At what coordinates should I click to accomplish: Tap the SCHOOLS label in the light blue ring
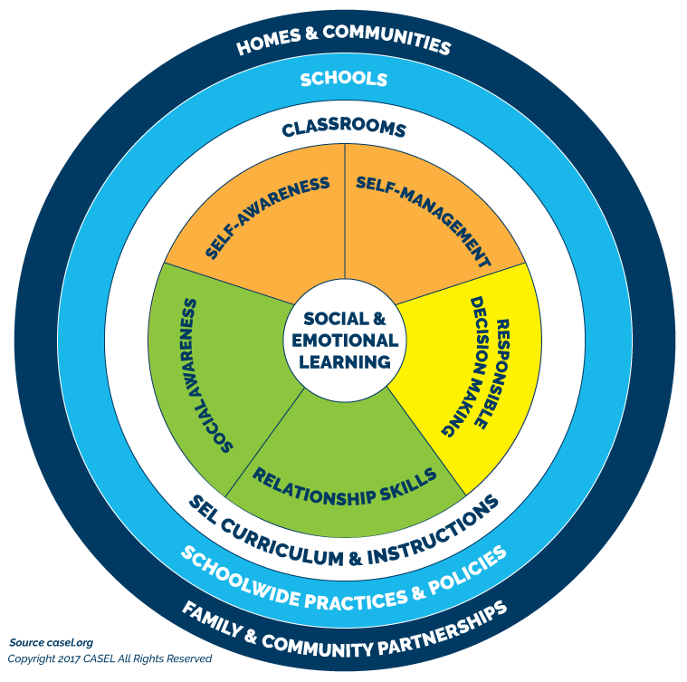[343, 79]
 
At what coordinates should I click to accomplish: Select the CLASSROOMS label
[343, 129]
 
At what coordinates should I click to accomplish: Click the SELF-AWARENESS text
[267, 218]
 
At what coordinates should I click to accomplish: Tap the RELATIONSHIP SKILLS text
[345, 485]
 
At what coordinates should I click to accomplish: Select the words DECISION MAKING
[467, 366]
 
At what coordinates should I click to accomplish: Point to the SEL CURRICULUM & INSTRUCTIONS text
[345, 530]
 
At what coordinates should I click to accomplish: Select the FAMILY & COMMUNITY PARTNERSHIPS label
[343, 629]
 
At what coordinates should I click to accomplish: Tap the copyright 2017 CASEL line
[110, 659]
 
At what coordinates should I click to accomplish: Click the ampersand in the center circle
[378, 319]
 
